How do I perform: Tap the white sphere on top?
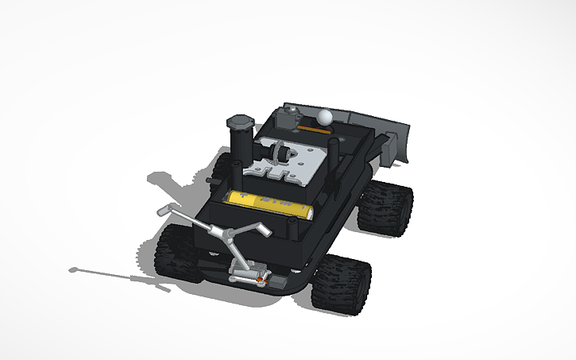(x=324, y=117)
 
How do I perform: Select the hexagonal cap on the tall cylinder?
(x=239, y=122)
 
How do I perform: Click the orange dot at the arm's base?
(x=259, y=280)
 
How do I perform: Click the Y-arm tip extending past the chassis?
(x=164, y=211)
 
